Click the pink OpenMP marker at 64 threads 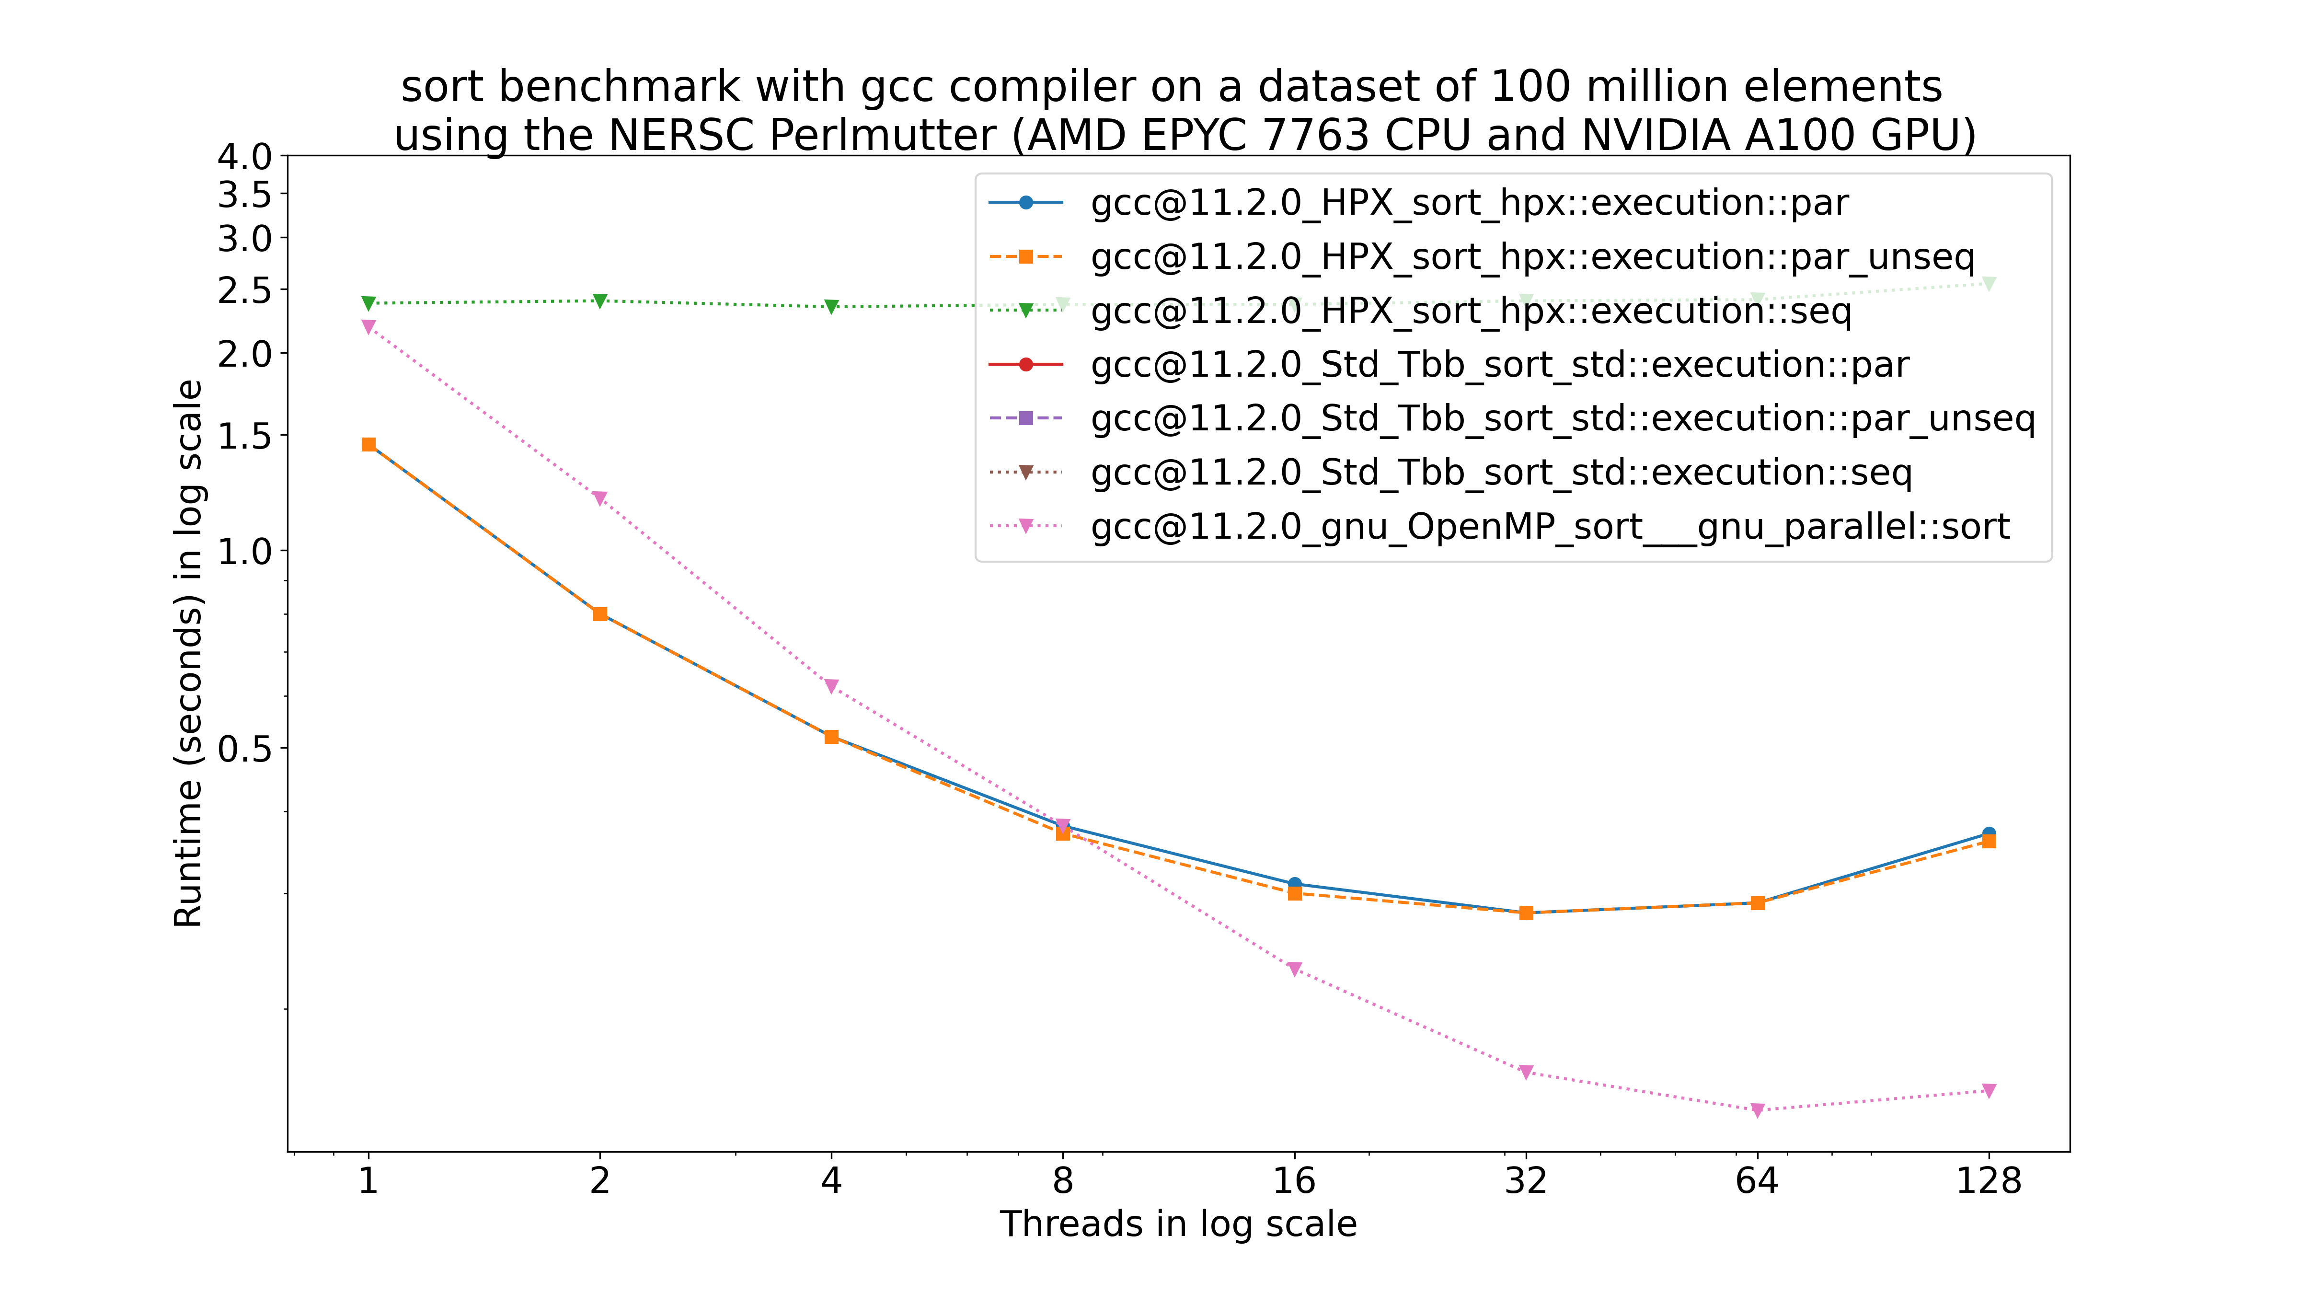[x=1757, y=1110]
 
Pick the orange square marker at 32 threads [x=1526, y=913]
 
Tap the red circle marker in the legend [x=1026, y=364]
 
